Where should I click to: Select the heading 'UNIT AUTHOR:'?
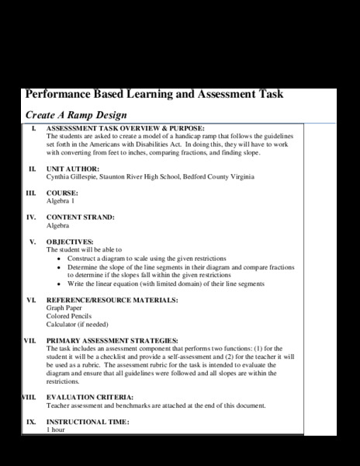(73, 169)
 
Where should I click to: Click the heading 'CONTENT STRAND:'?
(81, 217)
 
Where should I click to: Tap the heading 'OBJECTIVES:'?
(70, 242)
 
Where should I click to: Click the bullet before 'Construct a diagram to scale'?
(61, 258)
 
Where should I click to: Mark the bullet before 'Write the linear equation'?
(61, 283)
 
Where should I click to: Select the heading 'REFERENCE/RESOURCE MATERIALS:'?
(112, 299)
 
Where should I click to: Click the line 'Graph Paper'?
(66, 308)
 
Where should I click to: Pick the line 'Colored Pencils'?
(69, 316)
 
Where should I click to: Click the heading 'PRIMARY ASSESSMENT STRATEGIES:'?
(112, 340)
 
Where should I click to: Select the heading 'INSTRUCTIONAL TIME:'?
(88, 422)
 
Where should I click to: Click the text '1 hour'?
(56, 429)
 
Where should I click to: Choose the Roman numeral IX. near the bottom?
(31, 422)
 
